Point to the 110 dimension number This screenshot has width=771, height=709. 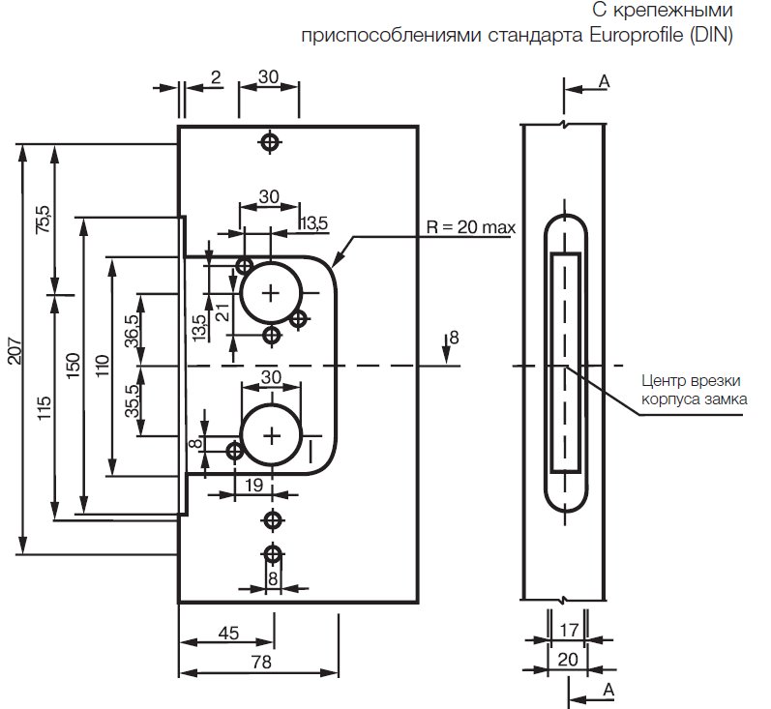click(104, 366)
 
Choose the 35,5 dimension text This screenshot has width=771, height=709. click(132, 399)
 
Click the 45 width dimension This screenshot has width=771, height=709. click(228, 634)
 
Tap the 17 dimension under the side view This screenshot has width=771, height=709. click(569, 630)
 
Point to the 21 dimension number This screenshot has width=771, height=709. click(221, 311)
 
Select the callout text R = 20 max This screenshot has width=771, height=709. click(470, 228)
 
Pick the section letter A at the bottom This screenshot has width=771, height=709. click(608, 689)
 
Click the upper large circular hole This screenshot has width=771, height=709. click(271, 291)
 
